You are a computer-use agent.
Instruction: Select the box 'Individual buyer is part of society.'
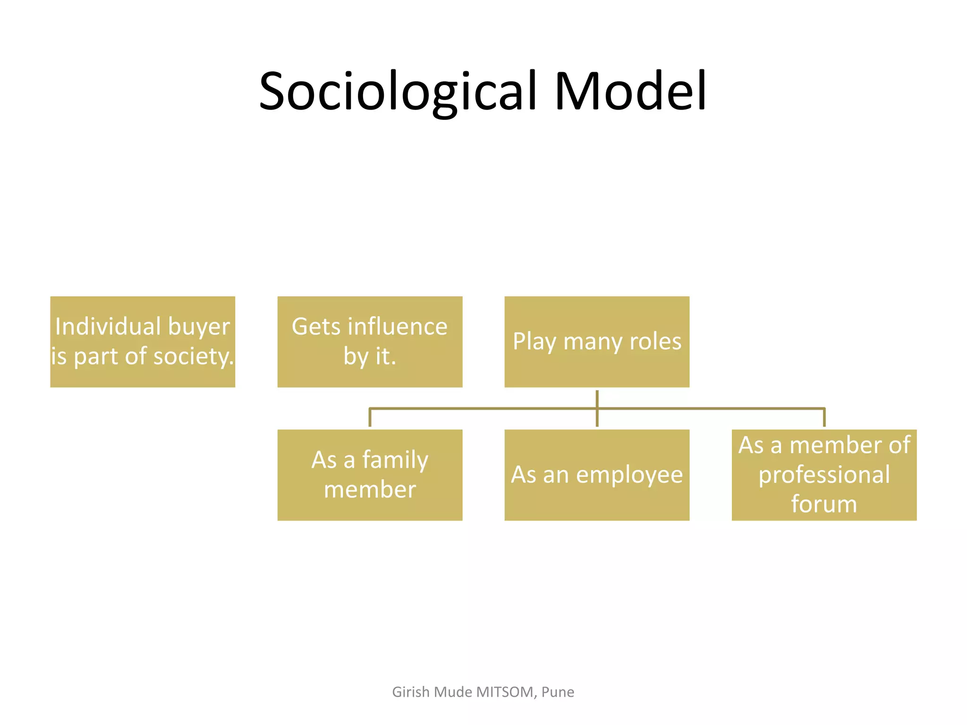click(143, 342)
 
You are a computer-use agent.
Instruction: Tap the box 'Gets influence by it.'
click(370, 342)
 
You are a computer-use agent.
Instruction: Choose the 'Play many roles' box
click(597, 342)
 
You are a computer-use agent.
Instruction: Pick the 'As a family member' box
click(370, 475)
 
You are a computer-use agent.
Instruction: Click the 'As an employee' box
click(597, 475)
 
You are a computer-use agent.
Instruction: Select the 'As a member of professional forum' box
click(824, 475)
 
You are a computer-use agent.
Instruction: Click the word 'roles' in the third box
click(661, 341)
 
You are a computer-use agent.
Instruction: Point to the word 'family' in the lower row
click(395, 460)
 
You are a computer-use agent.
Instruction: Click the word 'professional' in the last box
click(824, 475)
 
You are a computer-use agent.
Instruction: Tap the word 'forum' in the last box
click(824, 504)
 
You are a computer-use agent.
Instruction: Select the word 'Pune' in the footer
click(558, 692)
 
